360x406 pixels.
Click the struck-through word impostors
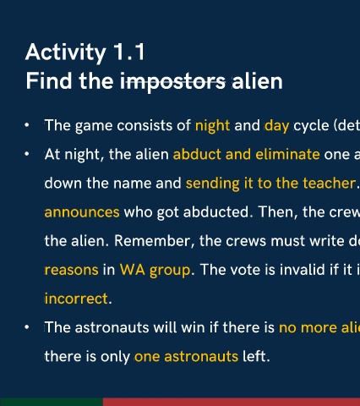coord(172,81)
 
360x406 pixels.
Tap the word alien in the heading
coord(257,81)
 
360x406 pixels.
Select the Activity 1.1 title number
coord(129,52)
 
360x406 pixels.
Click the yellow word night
coord(212,125)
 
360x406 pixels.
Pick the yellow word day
coord(277,126)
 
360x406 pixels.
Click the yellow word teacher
coord(330,184)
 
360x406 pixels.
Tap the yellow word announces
coord(82,212)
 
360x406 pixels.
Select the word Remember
coord(154,241)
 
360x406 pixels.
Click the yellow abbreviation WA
coord(132,270)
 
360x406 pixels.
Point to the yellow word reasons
coord(72,270)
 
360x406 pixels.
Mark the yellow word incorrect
coord(76,299)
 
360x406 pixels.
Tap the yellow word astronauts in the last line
coord(201,356)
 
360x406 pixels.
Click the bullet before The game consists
coord(27,125)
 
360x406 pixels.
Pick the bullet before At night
coord(27,154)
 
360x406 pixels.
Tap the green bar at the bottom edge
coord(52,402)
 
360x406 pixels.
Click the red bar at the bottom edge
coord(232,402)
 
